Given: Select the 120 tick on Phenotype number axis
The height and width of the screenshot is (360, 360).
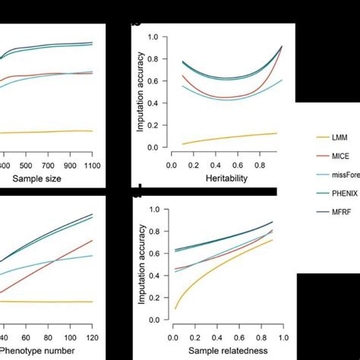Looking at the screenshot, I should tap(92, 338).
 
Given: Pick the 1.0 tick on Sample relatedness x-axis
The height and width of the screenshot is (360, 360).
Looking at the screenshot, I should tap(283, 337).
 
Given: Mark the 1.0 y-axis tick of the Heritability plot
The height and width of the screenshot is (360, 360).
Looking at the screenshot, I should tap(153, 36).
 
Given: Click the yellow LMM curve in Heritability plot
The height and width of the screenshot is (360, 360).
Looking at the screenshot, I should tap(228, 137).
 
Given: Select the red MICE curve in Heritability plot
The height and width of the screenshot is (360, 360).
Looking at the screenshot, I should tap(228, 97).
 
